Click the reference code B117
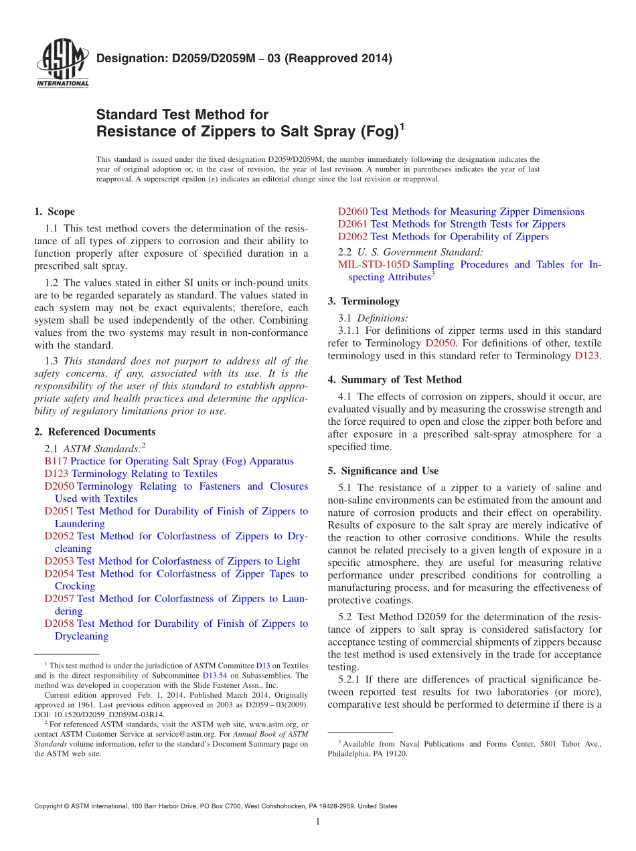click(x=56, y=461)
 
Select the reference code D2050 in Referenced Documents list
click(x=59, y=486)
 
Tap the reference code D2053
click(x=59, y=561)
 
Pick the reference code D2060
click(x=352, y=211)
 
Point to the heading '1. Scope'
click(x=54, y=211)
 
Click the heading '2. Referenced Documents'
click(x=94, y=432)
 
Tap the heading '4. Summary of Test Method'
click(x=394, y=379)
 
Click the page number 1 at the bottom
click(x=318, y=822)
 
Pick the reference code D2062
click(x=352, y=237)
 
